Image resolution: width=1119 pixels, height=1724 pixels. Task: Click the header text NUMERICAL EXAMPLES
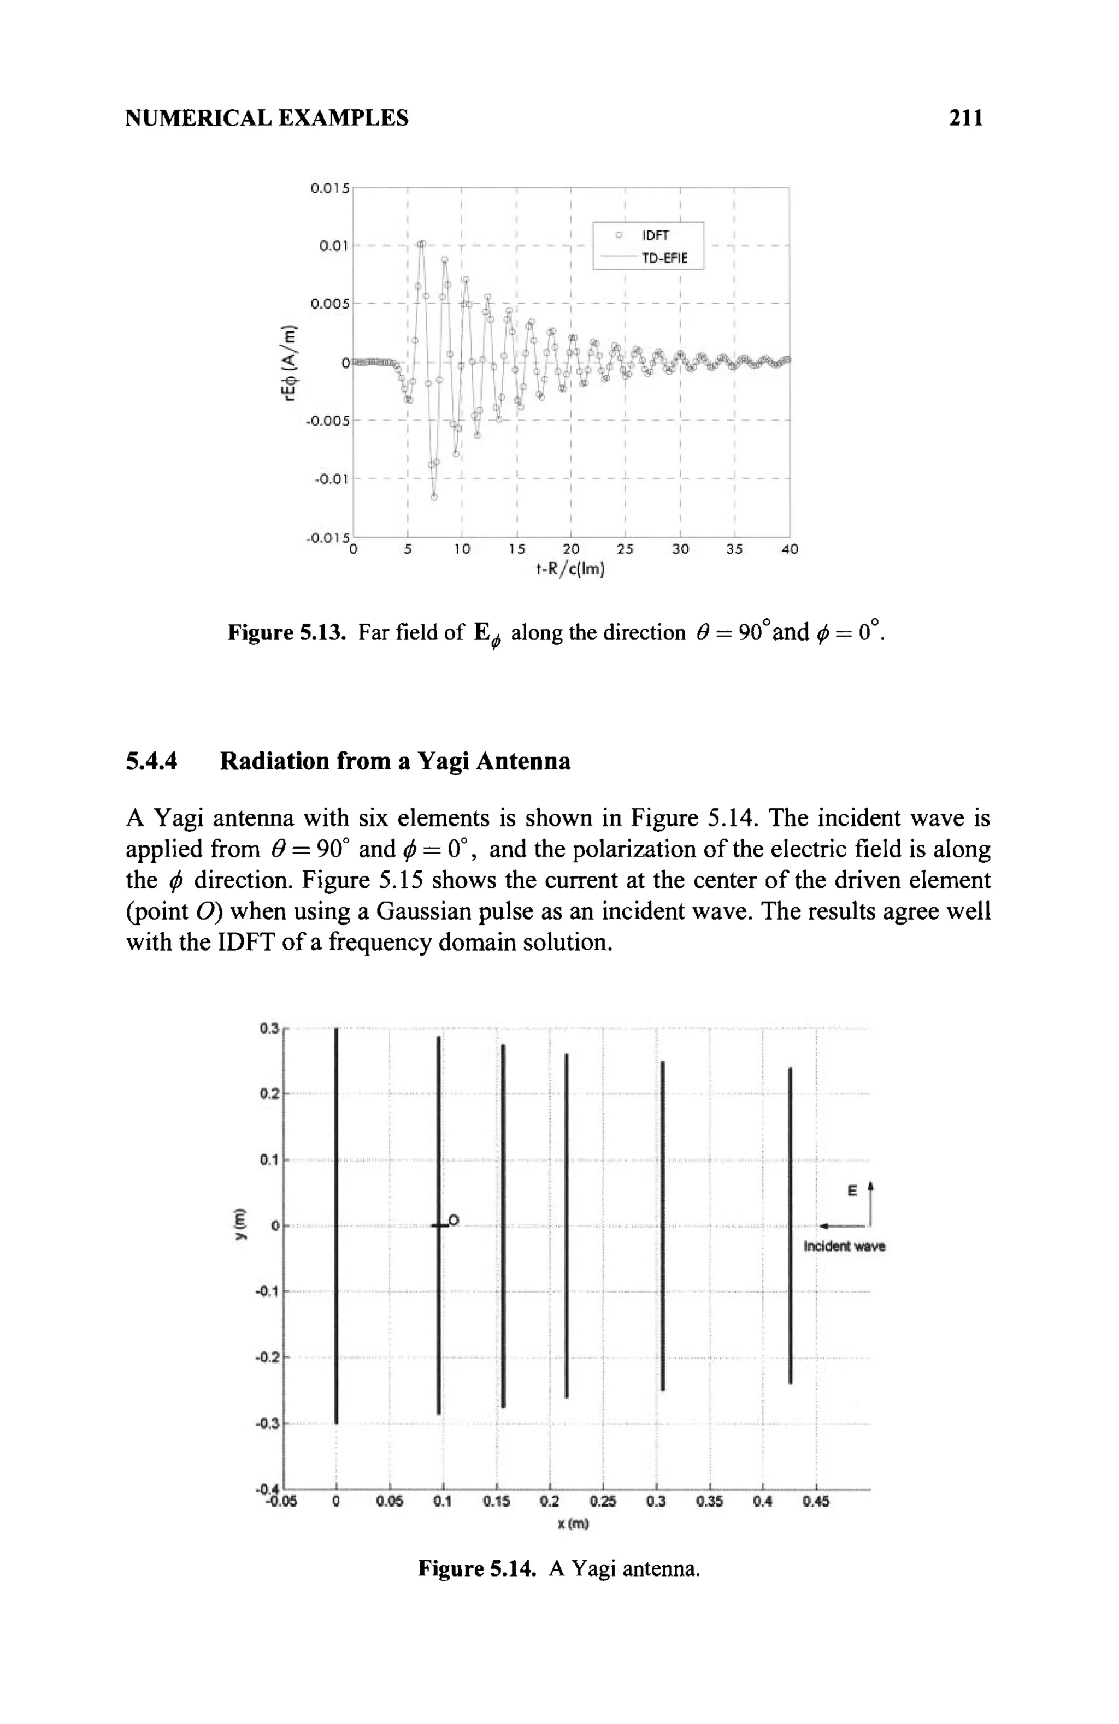pyautogui.click(x=267, y=117)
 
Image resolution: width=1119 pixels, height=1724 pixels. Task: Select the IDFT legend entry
pyautogui.click(x=655, y=235)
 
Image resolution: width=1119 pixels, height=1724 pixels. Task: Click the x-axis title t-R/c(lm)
pyautogui.click(x=570, y=570)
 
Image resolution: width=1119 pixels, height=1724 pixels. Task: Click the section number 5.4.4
pyautogui.click(x=151, y=761)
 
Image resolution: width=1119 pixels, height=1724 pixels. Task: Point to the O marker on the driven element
pyautogui.click(x=454, y=1221)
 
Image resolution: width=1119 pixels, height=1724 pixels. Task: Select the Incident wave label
pyautogui.click(x=844, y=1247)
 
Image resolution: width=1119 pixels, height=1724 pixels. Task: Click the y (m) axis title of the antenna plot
pyautogui.click(x=238, y=1225)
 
